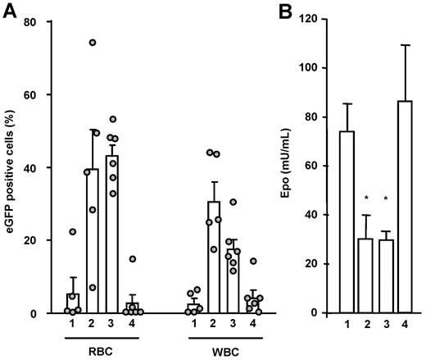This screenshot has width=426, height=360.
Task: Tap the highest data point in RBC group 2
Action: coord(93,43)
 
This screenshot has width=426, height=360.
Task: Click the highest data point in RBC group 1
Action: coord(73,232)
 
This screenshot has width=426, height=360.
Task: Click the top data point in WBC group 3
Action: coord(233,203)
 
